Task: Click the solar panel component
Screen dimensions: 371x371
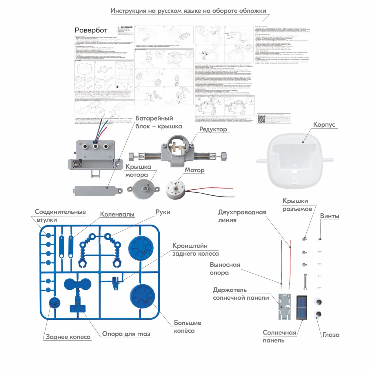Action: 302,308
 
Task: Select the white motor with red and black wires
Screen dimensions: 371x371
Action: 175,189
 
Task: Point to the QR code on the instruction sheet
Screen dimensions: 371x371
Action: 261,119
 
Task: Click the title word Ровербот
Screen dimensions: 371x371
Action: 91,30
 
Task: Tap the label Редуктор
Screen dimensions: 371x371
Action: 213,129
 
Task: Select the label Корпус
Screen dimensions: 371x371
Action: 324,124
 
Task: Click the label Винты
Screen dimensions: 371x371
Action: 330,216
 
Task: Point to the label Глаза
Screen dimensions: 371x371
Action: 331,335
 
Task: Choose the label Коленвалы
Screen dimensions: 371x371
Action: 117,214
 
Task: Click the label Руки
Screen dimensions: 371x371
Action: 163,212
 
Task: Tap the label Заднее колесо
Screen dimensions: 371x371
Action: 68,337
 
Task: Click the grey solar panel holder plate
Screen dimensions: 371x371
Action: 284,307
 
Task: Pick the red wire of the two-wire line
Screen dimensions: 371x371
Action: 290,261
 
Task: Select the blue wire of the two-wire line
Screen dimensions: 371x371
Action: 281,261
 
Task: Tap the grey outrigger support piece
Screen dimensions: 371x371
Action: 305,281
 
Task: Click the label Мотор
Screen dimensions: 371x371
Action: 194,170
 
